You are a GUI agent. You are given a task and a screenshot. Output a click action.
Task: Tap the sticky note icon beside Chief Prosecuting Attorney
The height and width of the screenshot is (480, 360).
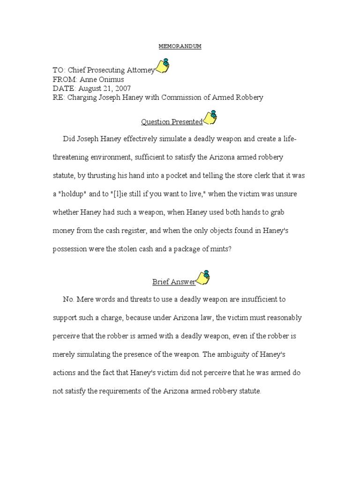tap(162, 66)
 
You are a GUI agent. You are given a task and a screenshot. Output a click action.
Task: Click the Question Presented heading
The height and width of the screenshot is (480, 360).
tap(172, 122)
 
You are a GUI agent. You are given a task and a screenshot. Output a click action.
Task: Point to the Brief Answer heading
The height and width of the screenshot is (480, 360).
tap(173, 282)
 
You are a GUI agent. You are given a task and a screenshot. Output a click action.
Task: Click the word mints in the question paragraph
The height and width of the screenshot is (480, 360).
tap(217, 249)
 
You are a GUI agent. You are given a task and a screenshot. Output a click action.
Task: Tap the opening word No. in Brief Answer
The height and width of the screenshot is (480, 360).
tap(68, 299)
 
